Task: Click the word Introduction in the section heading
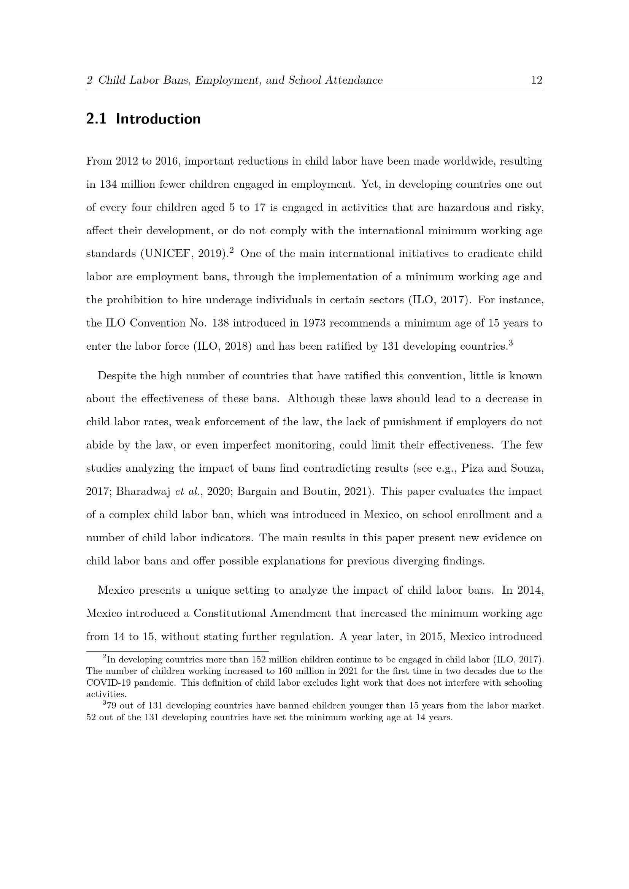pyautogui.click(x=158, y=119)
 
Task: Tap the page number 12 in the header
pyautogui.click(x=537, y=80)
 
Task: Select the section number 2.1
pyautogui.click(x=96, y=119)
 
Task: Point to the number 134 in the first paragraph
pyautogui.click(x=108, y=184)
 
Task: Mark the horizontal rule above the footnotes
pyautogui.click(x=177, y=652)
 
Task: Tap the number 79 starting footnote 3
pyautogui.click(x=112, y=706)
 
